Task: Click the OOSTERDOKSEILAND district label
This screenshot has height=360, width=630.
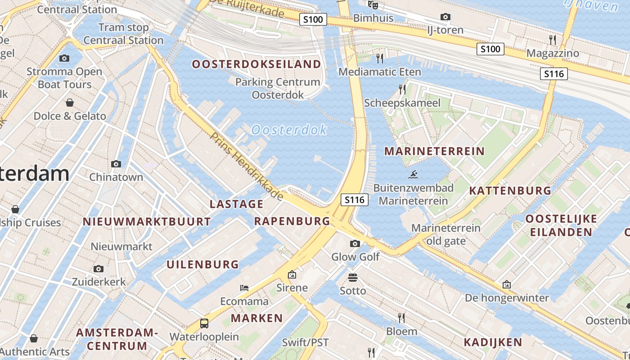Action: click(x=256, y=64)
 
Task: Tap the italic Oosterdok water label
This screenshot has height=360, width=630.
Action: click(x=289, y=130)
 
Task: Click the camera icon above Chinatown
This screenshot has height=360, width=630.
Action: click(x=116, y=164)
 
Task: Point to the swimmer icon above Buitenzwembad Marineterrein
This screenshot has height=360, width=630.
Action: click(x=414, y=175)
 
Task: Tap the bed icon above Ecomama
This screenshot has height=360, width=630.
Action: click(x=244, y=288)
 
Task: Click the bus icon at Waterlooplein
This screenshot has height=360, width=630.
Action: click(x=204, y=323)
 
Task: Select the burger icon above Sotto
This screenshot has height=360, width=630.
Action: click(x=353, y=277)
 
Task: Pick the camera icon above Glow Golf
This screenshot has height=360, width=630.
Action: click(x=355, y=243)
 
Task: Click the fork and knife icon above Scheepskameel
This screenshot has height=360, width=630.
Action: click(x=402, y=89)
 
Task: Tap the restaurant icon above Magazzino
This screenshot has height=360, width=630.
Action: click(x=553, y=39)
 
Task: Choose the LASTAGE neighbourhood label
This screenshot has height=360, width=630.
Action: click(x=237, y=204)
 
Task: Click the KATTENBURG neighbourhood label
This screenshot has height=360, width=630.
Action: click(x=510, y=191)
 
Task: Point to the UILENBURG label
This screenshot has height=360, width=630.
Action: click(x=203, y=265)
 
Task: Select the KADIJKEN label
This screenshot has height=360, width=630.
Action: click(x=493, y=342)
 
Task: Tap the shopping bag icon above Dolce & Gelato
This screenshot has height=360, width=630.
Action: click(x=70, y=103)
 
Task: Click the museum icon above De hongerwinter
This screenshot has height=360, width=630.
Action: click(x=507, y=284)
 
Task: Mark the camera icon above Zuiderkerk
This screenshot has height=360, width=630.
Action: click(x=99, y=269)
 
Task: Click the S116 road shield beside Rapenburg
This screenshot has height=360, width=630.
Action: click(x=355, y=200)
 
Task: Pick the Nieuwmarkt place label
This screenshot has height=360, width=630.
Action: click(x=121, y=247)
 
